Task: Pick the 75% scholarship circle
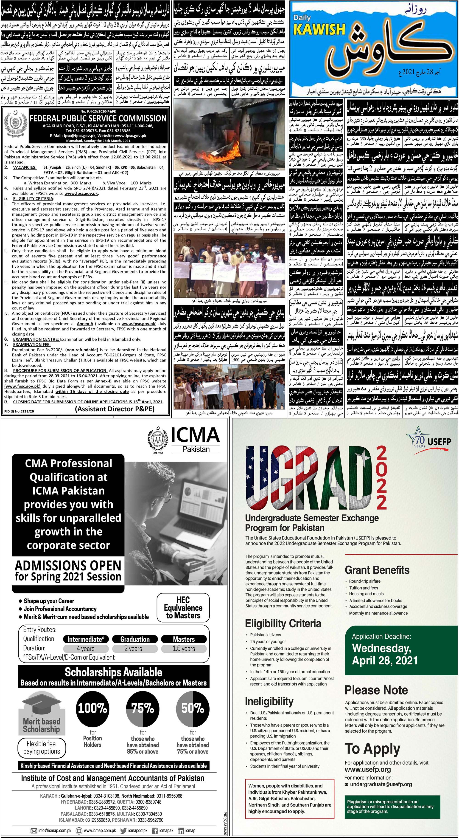pyautogui.click(x=142, y=707)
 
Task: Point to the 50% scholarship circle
pyautogui.click(x=193, y=707)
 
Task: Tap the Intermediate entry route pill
pyautogui.click(x=86, y=639)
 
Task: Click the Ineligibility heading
pyautogui.click(x=269, y=700)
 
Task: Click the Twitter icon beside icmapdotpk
pyautogui.click(x=123, y=830)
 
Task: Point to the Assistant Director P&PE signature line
pyautogui.click(x=115, y=409)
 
